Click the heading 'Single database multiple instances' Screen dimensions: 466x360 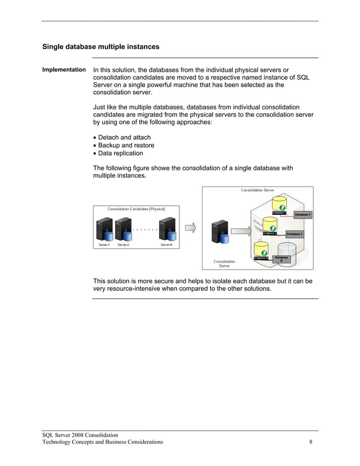(101, 47)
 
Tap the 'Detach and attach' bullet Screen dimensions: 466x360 (124, 138)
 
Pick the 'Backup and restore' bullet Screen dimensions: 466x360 (126, 146)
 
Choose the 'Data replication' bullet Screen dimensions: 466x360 (120, 153)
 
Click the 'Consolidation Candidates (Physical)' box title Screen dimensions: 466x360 (137, 209)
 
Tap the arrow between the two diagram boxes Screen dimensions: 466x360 (191, 228)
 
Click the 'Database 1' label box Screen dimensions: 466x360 (302, 215)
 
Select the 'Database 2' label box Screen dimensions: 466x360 (294, 234)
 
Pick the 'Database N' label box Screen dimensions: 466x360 (281, 259)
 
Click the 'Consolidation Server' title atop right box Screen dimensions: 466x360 (257, 190)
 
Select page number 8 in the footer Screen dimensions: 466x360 (311, 442)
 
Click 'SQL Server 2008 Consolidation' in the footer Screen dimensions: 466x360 (80, 435)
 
